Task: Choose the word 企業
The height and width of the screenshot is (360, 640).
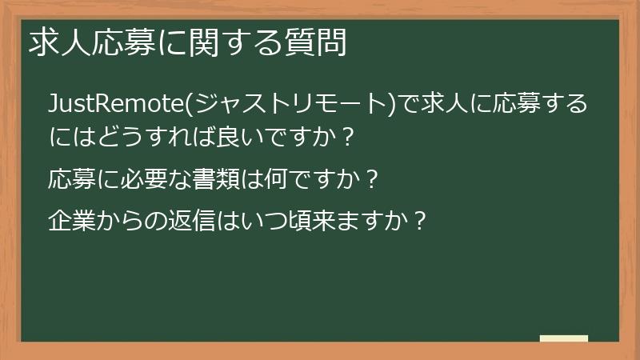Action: click(73, 218)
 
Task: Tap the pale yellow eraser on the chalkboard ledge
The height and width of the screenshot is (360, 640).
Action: click(563, 338)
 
